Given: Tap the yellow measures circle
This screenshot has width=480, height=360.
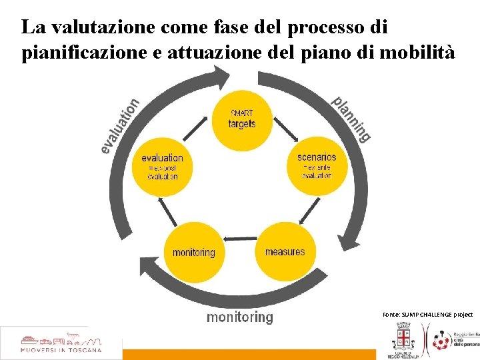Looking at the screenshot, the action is click(285, 252).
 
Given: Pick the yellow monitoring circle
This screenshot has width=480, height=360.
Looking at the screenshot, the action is click(194, 252).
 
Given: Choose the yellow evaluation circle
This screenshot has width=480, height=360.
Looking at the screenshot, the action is click(162, 167).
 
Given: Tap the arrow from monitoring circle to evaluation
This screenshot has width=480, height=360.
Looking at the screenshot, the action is click(170, 212).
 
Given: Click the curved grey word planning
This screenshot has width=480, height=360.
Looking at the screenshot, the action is click(351, 119).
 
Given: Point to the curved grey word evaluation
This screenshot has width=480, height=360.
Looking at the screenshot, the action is click(120, 125).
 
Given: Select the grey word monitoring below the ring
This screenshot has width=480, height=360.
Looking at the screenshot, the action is click(239, 317).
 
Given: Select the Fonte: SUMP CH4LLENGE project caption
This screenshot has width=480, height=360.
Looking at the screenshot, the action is click(427, 314).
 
